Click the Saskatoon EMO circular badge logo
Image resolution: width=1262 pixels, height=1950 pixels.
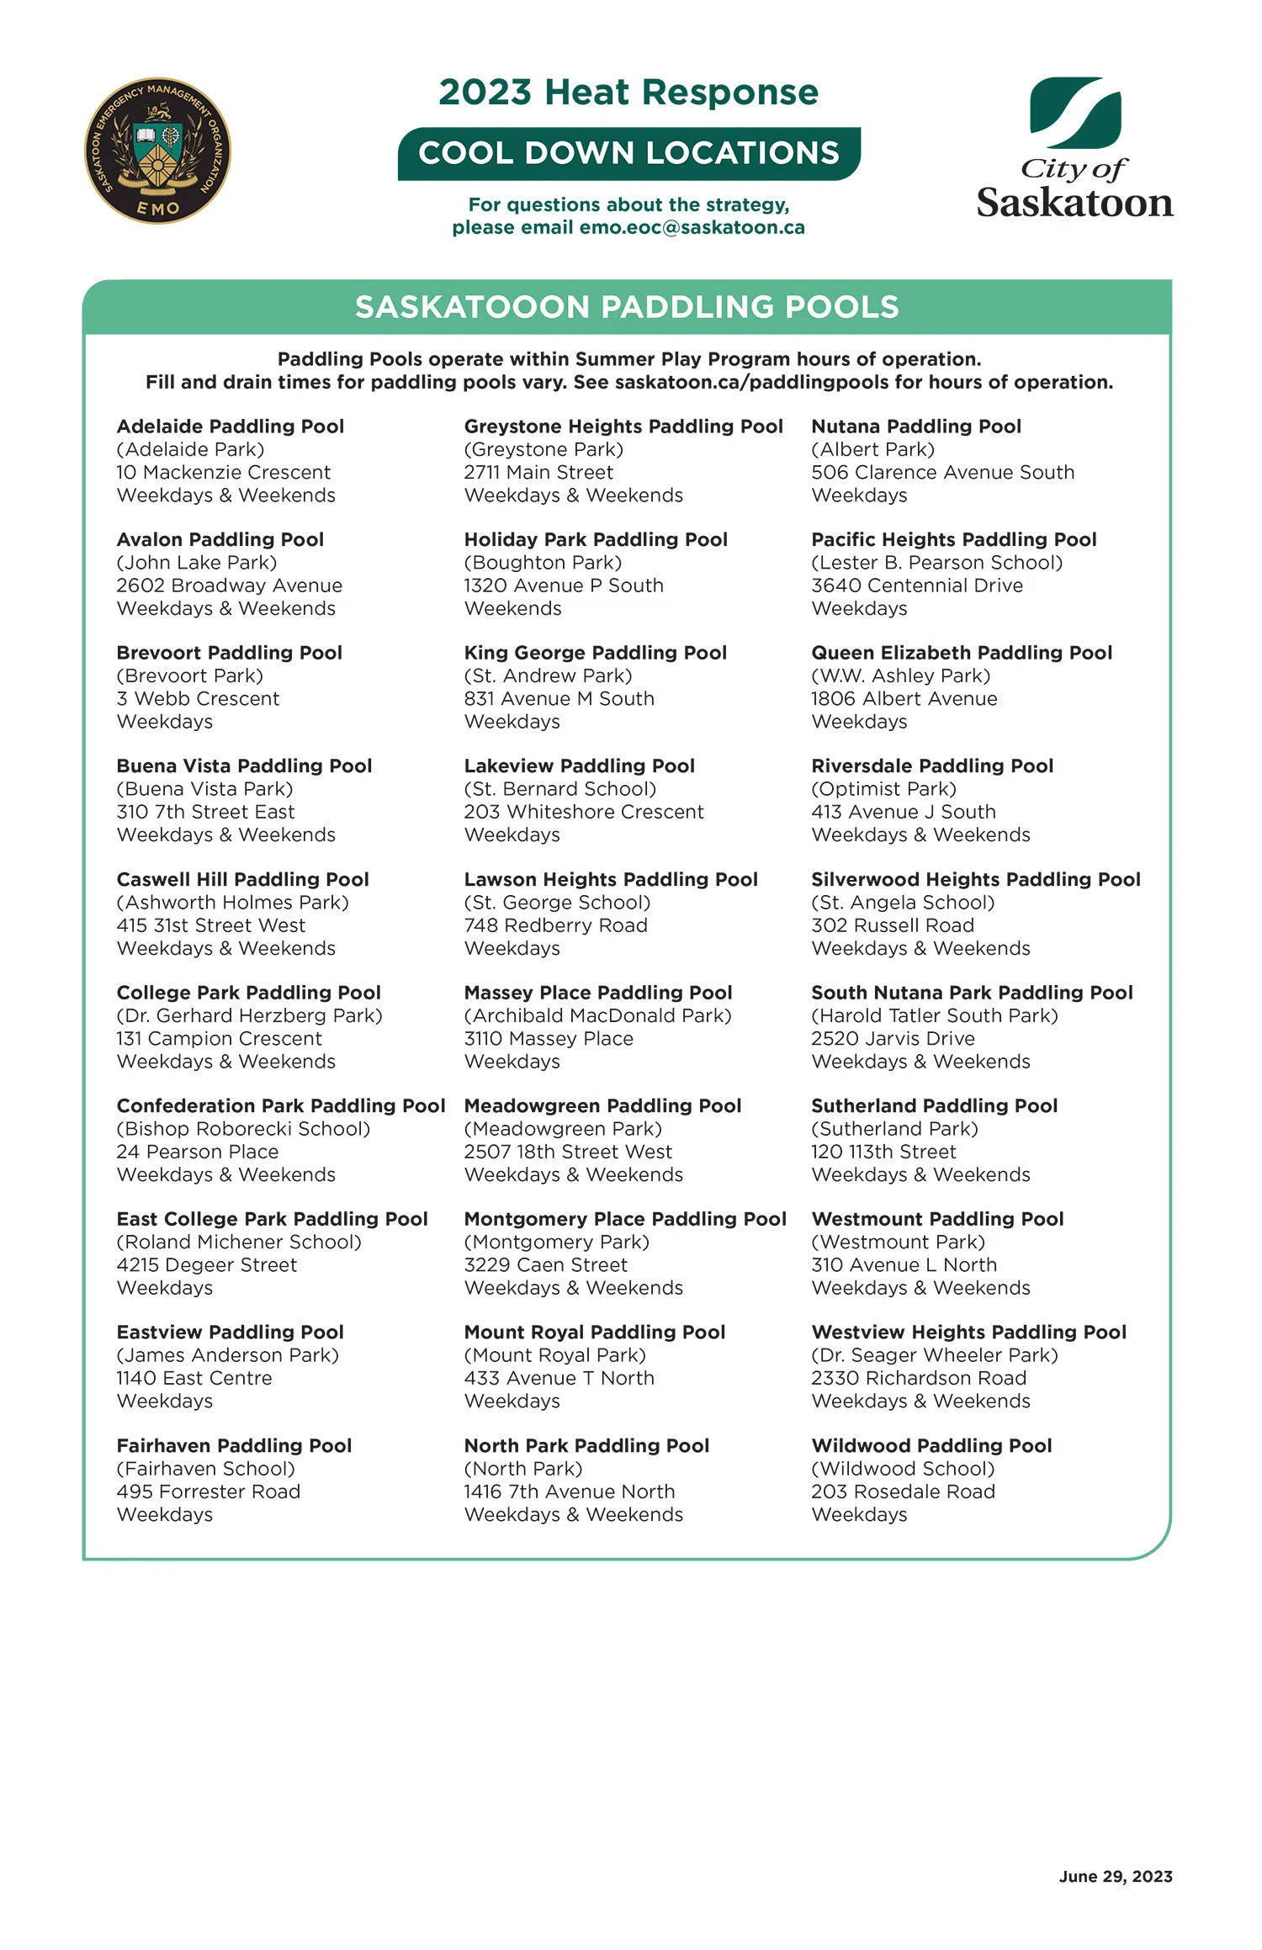157,151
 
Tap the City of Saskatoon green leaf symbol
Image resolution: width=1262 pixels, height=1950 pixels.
1075,112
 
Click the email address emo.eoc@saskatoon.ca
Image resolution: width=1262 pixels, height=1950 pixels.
692,228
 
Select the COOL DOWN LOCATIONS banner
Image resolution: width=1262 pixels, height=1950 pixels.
628,153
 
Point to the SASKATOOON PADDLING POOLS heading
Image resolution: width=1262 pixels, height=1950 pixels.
627,307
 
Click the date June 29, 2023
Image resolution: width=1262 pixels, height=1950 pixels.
1115,1876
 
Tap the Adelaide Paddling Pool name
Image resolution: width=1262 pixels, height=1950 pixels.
230,427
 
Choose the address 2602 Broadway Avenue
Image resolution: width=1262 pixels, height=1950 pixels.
229,586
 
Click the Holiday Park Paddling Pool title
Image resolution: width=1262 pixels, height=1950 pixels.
595,540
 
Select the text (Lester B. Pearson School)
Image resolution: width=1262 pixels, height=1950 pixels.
936,563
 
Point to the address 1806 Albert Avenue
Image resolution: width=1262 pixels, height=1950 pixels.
904,699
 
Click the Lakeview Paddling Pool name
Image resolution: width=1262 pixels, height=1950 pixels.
579,766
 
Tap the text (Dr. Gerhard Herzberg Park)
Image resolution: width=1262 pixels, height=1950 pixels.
249,1016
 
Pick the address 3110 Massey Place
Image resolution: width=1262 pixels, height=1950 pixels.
548,1039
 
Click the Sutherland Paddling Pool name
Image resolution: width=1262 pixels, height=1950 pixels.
934,1106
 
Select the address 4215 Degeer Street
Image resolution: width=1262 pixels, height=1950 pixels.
206,1265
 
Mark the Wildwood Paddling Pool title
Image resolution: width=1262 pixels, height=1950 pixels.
931,1446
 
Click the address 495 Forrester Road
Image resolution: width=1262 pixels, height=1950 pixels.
208,1492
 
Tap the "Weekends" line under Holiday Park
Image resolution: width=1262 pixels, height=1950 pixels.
512,608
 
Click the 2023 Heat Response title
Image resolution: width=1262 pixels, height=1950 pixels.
628,93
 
